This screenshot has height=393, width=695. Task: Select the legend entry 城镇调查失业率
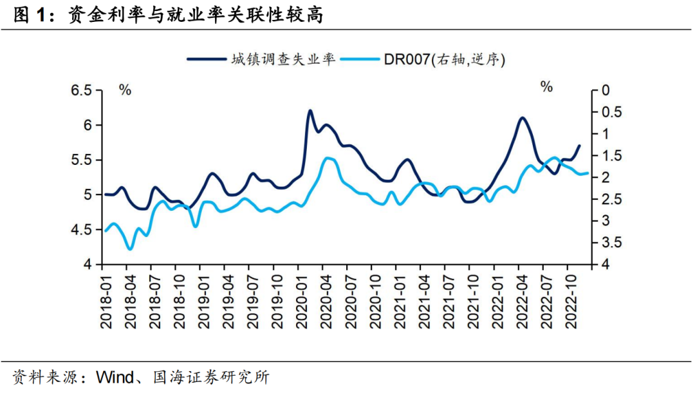pyautogui.click(x=283, y=60)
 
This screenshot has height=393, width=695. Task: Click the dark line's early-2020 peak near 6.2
pyautogui.click(x=310, y=110)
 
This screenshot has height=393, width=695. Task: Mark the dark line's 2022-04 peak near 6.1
pyautogui.click(x=522, y=118)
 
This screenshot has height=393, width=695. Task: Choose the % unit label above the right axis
pyautogui.click(x=546, y=87)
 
